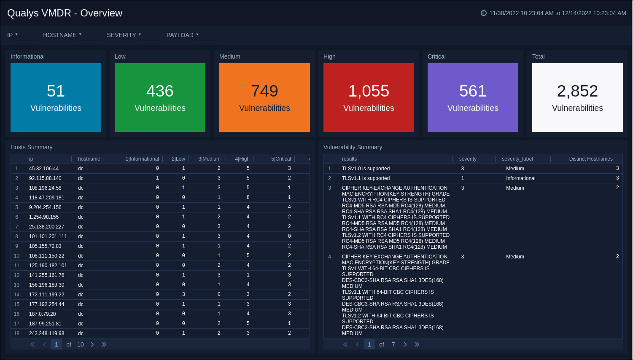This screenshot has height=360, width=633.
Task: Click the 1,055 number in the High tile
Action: [369, 91]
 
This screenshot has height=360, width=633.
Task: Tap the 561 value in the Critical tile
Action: [473, 91]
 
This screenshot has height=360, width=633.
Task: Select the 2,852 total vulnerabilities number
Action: [577, 91]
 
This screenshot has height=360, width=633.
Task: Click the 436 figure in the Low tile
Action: [160, 91]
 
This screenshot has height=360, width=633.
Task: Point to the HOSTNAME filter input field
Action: [89, 36]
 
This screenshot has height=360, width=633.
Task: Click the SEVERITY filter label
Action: [121, 35]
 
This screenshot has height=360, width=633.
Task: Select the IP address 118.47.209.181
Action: [47, 198]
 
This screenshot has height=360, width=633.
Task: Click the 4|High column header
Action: [242, 159]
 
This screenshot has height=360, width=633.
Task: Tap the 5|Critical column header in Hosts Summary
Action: [281, 159]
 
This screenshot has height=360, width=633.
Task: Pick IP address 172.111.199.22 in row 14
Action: [47, 295]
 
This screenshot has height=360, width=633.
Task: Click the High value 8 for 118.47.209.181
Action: [248, 197]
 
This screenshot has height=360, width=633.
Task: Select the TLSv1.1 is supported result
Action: [366, 178]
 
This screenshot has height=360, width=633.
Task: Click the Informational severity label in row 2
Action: [520, 178]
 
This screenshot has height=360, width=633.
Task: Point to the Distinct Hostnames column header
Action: [590, 159]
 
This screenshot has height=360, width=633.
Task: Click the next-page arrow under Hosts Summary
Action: [92, 344]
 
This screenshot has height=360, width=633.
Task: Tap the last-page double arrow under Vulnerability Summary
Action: [417, 344]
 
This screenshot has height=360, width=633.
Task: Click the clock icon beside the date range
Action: [484, 13]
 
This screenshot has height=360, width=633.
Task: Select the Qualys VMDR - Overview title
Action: [65, 13]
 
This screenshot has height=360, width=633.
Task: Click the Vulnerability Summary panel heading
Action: [353, 147]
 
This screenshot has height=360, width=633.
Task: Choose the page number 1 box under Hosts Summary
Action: [57, 344]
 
